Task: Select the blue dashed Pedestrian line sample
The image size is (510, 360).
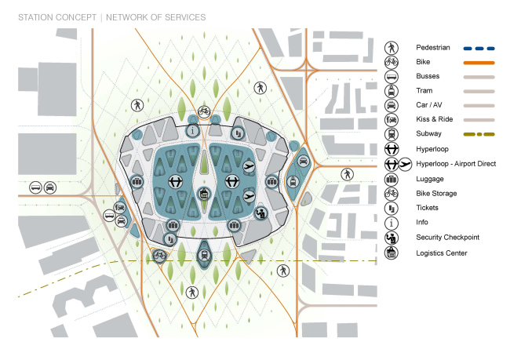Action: (x=479, y=49)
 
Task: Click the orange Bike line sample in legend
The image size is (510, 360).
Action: (x=479, y=63)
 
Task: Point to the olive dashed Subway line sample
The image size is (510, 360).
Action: (x=479, y=134)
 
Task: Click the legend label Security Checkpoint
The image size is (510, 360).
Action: (x=447, y=238)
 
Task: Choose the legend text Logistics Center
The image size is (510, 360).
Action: (x=442, y=253)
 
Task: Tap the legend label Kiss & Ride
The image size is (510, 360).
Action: (x=434, y=119)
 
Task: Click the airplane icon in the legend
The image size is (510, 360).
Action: (x=405, y=164)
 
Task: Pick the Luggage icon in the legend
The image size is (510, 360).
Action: (x=392, y=179)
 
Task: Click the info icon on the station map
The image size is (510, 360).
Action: (x=192, y=131)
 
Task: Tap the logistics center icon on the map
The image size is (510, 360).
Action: (x=204, y=194)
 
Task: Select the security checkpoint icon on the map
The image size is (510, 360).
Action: (x=260, y=213)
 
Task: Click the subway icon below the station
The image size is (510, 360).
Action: (x=204, y=255)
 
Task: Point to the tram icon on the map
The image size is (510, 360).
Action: (x=293, y=182)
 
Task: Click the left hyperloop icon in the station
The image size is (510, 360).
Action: (x=176, y=181)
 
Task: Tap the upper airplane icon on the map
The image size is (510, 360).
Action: (x=250, y=167)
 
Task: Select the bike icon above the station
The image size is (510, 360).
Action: (x=204, y=112)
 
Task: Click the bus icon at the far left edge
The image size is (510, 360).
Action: (x=35, y=187)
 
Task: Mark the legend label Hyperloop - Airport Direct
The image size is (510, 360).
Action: (x=456, y=164)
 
